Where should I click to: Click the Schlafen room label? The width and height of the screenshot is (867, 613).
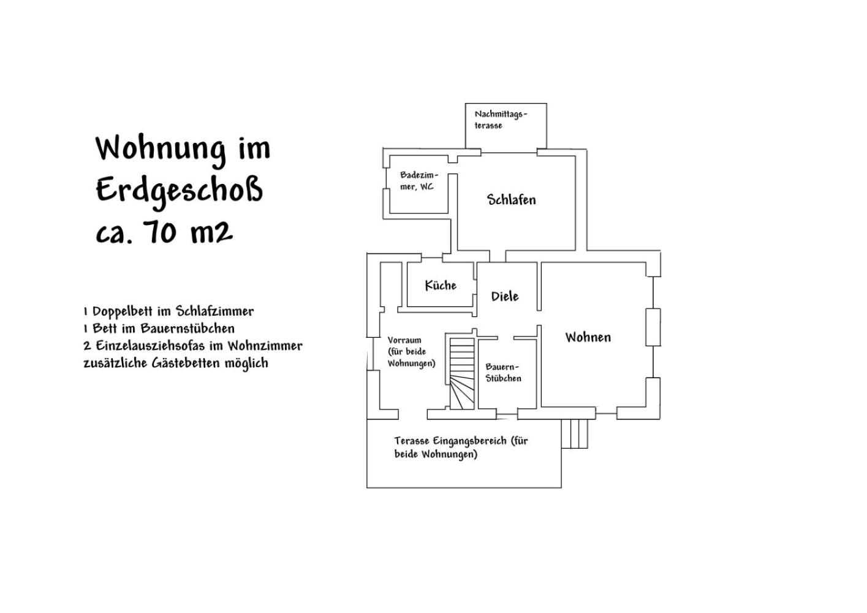tap(511, 200)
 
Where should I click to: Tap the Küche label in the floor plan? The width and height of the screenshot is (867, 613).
tap(441, 286)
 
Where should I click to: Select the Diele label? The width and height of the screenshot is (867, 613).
tap(505, 296)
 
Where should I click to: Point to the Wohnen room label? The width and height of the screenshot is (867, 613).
tap(588, 337)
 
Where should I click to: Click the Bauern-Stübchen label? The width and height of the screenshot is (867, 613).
tap(503, 373)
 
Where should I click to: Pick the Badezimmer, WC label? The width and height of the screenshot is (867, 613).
tap(419, 181)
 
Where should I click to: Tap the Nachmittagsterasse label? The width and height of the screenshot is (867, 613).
tap(501, 120)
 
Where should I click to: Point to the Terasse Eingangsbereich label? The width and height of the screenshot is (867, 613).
tap(461, 447)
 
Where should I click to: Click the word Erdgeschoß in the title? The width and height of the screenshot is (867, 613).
tap(180, 191)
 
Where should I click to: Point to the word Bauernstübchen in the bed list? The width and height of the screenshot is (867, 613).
tap(187, 329)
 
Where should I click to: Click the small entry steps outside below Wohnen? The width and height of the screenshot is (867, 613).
tap(575, 434)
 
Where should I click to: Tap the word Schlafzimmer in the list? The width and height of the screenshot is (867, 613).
tap(215, 311)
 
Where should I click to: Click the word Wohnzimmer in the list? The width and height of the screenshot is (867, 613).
tap(265, 345)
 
